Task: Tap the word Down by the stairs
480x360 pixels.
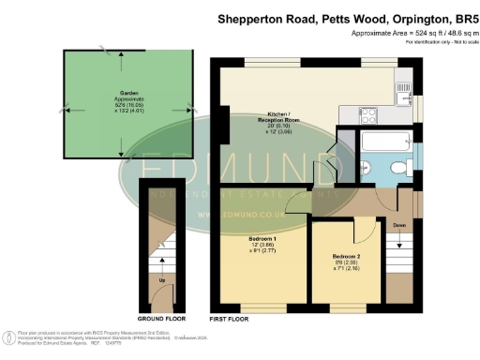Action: (x=398, y=226)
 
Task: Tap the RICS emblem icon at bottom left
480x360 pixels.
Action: (x=8, y=337)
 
